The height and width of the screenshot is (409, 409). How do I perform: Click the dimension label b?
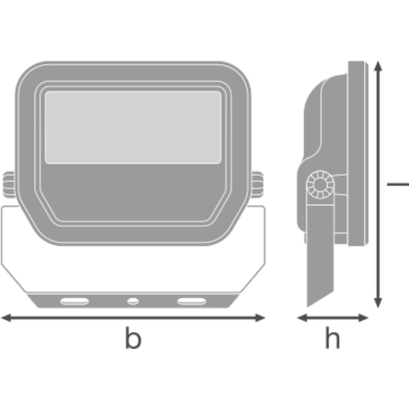pyautogui.click(x=133, y=337)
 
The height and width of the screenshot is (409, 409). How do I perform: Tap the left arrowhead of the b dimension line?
pyautogui.click(x=6, y=318)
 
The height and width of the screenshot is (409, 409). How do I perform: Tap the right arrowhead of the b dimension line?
pyautogui.click(x=260, y=318)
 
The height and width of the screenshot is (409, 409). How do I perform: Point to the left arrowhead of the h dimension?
pyautogui.click(x=302, y=318)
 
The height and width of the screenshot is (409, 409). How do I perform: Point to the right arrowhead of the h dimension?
pyautogui.click(x=363, y=318)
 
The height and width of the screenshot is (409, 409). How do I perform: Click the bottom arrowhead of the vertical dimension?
pyautogui.click(x=378, y=303)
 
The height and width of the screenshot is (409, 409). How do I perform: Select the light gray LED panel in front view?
pyautogui.click(x=133, y=127)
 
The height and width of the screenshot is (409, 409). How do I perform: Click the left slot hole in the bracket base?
pyautogui.click(x=74, y=301)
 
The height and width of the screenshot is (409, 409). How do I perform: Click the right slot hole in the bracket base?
pyautogui.click(x=192, y=301)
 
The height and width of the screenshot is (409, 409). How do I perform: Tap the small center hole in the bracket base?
pyautogui.click(x=133, y=301)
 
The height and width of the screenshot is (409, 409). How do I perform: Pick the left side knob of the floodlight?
pyautogui.click(x=9, y=184)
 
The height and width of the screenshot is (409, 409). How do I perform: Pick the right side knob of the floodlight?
pyautogui.click(x=257, y=184)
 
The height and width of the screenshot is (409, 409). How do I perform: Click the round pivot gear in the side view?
pyautogui.click(x=320, y=185)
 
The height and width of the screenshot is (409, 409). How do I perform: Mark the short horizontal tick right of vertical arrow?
pyautogui.click(x=398, y=184)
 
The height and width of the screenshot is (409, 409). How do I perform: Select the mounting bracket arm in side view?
pyautogui.click(x=320, y=250)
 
